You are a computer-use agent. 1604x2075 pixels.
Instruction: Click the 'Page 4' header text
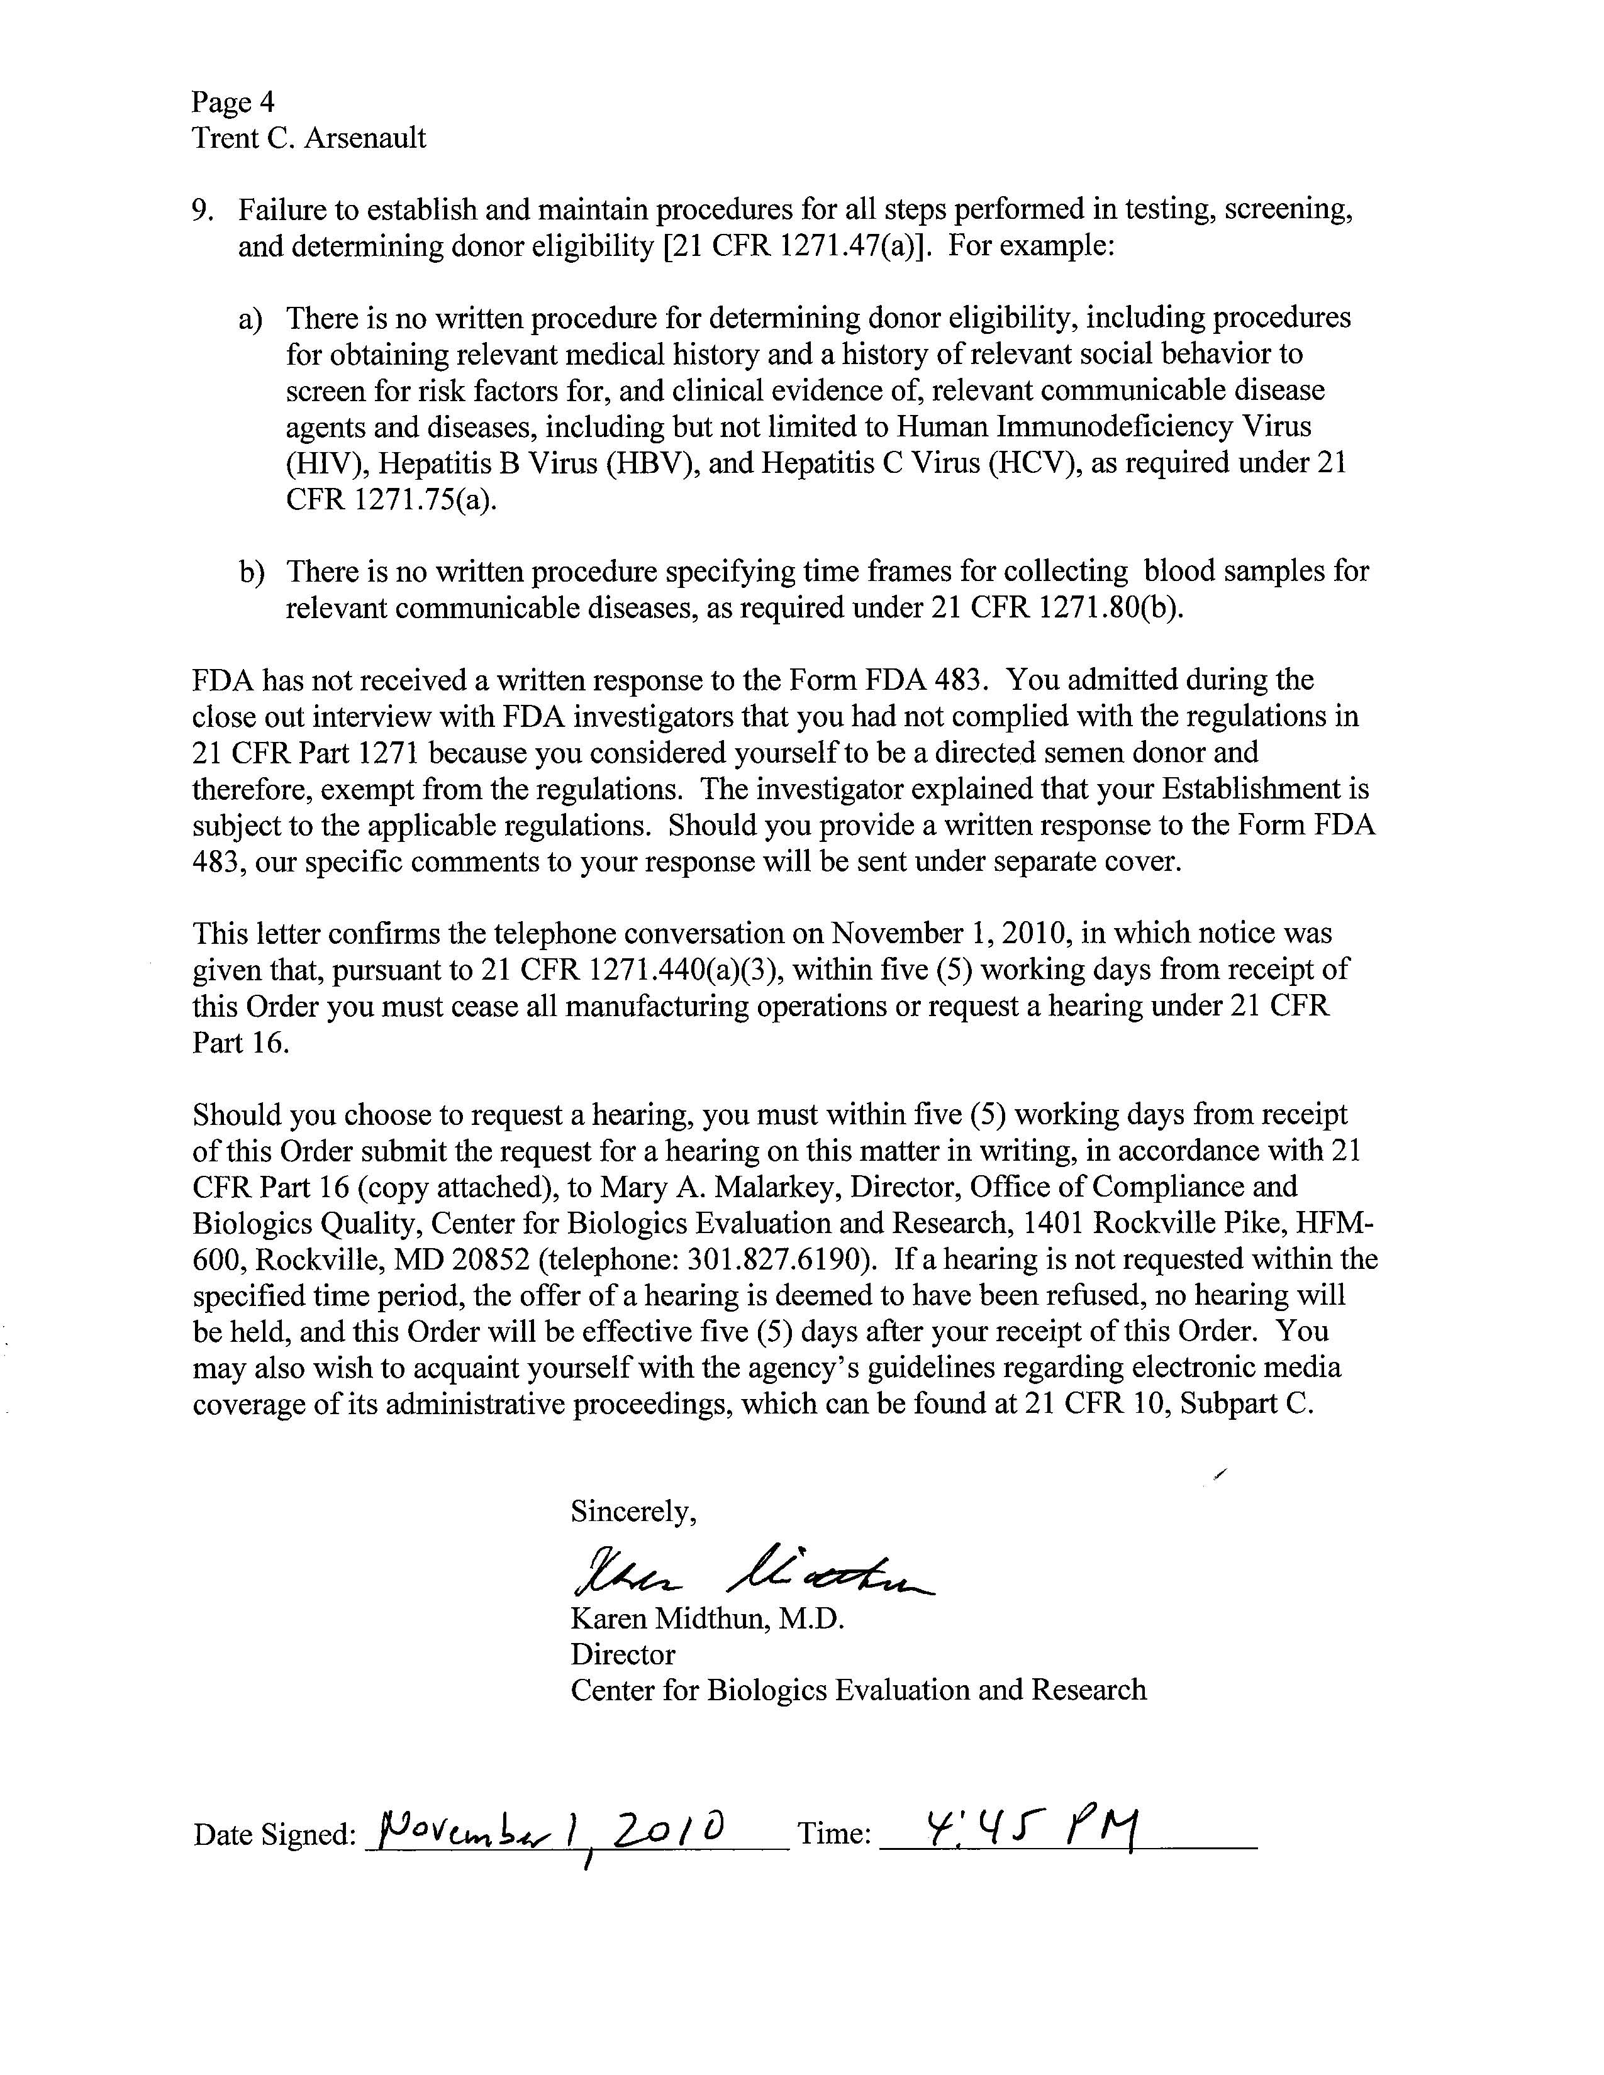(x=233, y=102)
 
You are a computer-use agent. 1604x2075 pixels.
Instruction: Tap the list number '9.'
(x=203, y=210)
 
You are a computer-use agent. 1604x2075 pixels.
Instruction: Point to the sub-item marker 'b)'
(x=251, y=572)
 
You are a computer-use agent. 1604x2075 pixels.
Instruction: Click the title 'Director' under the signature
(x=622, y=1654)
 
